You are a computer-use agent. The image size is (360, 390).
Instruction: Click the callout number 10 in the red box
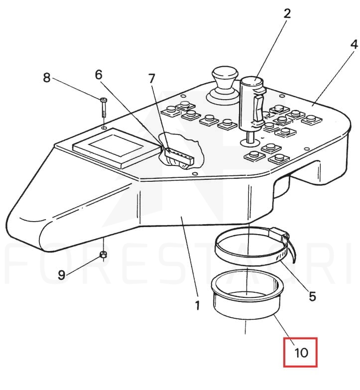tap(301, 353)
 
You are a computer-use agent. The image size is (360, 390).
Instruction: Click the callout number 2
tap(287, 13)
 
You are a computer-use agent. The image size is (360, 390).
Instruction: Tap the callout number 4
tap(354, 44)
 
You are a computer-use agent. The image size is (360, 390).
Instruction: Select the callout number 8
tap(47, 78)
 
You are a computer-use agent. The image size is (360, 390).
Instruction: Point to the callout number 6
tap(99, 74)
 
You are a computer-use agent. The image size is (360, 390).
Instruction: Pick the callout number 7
tap(152, 79)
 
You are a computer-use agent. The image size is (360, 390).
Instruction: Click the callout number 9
tap(61, 275)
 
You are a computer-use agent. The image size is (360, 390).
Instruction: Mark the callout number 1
tap(197, 305)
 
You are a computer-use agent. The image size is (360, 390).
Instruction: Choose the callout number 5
tap(312, 296)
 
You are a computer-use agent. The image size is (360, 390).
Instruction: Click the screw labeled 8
tap(104, 108)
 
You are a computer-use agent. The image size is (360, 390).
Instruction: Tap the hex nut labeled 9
tap(103, 254)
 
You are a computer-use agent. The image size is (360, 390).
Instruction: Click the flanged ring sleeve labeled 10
tap(247, 294)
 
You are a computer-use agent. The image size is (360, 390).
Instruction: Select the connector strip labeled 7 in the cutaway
tap(179, 156)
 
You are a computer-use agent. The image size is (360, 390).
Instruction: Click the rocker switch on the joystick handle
tap(258, 109)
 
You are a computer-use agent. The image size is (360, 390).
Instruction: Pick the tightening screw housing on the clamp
tap(279, 233)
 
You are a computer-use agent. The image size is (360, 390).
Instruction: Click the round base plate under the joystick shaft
tap(250, 142)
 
